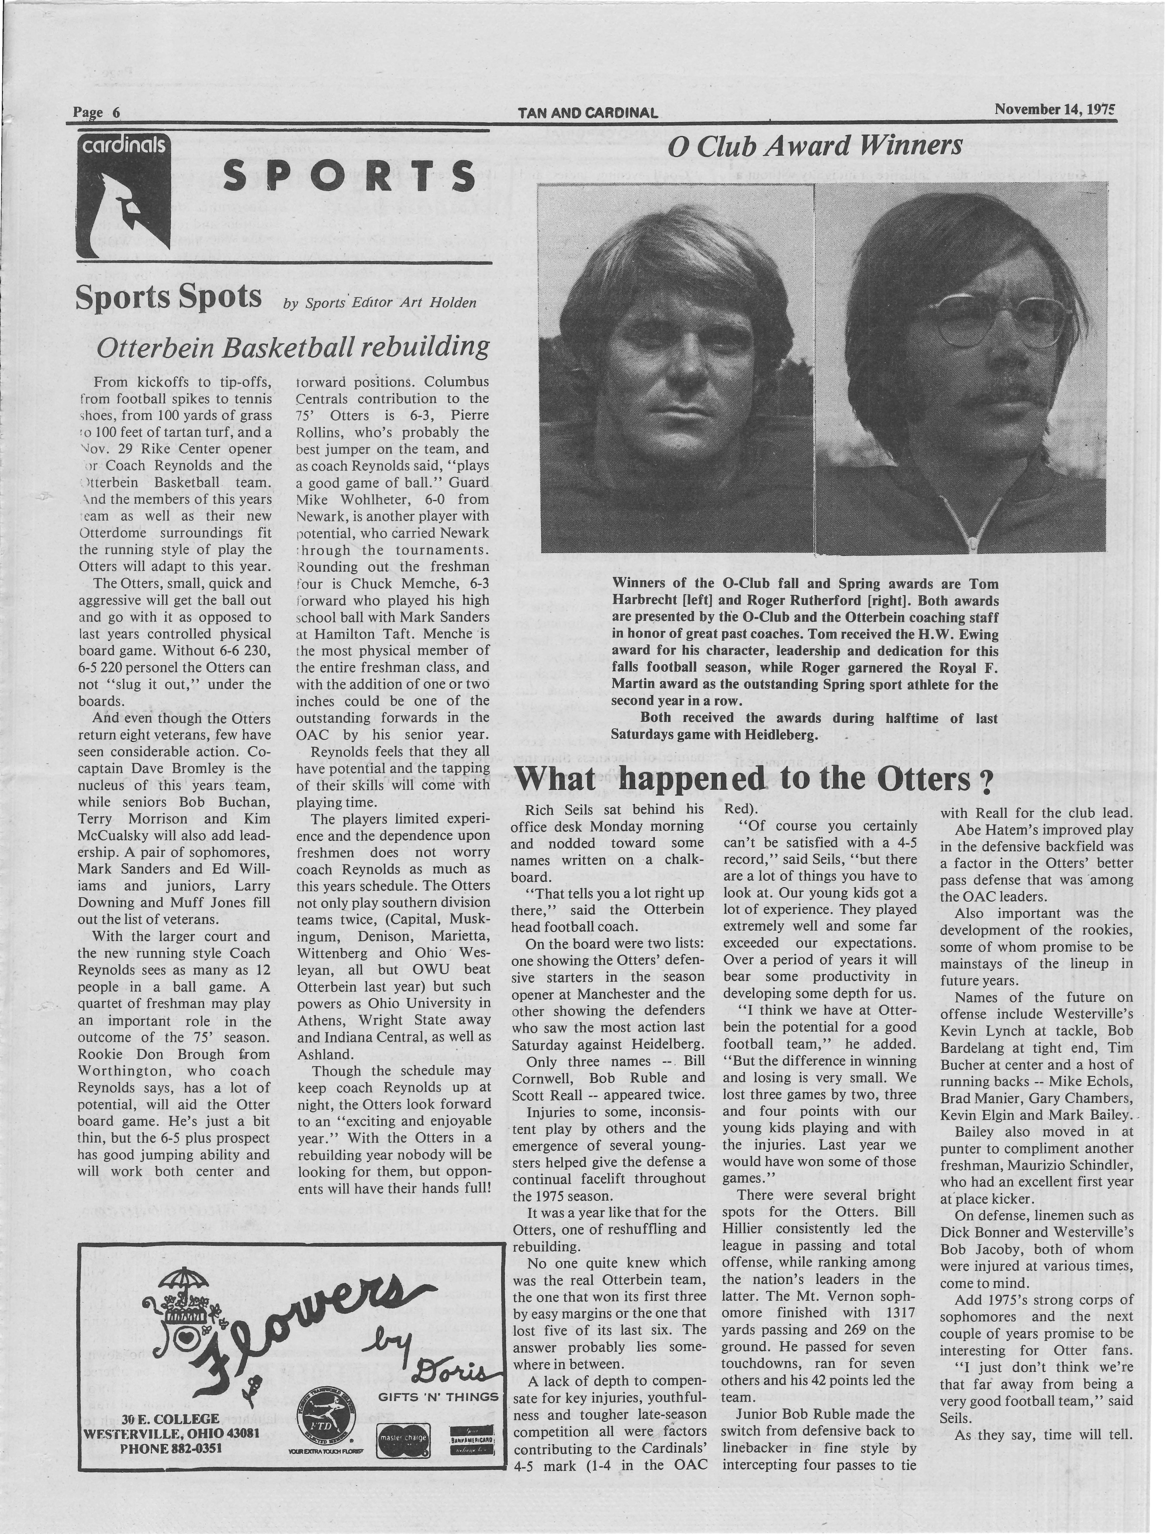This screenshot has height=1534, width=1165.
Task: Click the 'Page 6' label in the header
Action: click(97, 112)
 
